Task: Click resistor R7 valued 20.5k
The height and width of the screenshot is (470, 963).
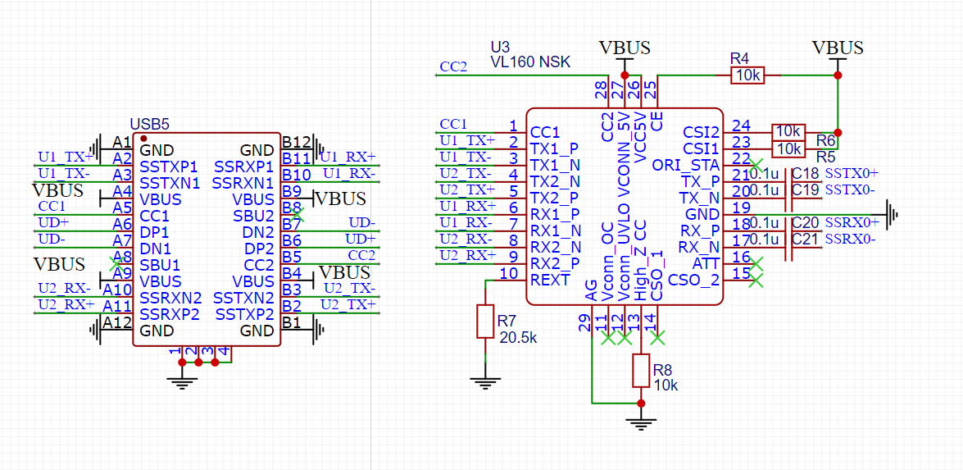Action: [485, 321]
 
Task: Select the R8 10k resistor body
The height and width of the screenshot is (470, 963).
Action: [640, 371]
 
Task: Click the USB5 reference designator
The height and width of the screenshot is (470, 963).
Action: [149, 125]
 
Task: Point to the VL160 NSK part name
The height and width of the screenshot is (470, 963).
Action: [530, 62]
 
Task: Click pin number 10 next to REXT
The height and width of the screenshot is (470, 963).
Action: [509, 273]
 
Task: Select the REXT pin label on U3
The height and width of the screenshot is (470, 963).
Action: [550, 280]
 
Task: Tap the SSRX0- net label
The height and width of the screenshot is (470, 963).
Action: [851, 239]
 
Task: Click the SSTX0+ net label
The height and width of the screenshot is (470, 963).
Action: [852, 174]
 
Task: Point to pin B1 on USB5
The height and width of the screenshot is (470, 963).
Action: [291, 323]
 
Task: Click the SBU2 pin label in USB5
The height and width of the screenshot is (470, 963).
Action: [255, 216]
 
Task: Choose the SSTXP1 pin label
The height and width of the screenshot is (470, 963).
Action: [169, 167]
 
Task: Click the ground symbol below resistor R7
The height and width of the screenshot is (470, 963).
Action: [485, 381]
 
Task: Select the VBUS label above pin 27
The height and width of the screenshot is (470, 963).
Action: [625, 48]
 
